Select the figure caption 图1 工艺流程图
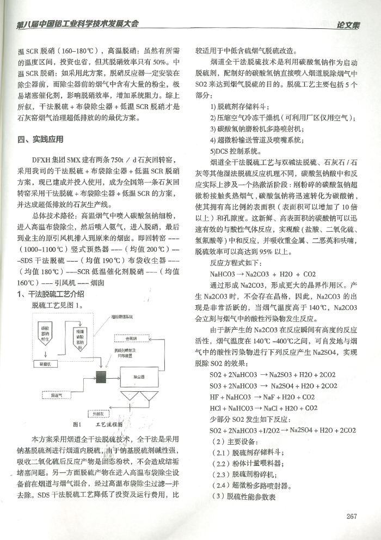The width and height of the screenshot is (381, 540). [98, 424]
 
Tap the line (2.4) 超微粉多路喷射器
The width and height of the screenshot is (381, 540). [247, 485]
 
